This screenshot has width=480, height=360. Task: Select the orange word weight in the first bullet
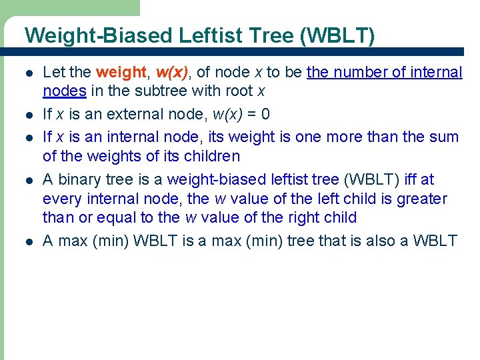(x=120, y=72)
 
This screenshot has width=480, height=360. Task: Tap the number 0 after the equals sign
(x=265, y=114)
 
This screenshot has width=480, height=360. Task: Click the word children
(x=209, y=157)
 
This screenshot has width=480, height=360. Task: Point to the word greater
(x=421, y=199)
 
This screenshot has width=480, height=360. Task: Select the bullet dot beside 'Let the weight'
(x=27, y=73)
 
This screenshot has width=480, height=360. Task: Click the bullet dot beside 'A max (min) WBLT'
(x=27, y=241)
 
